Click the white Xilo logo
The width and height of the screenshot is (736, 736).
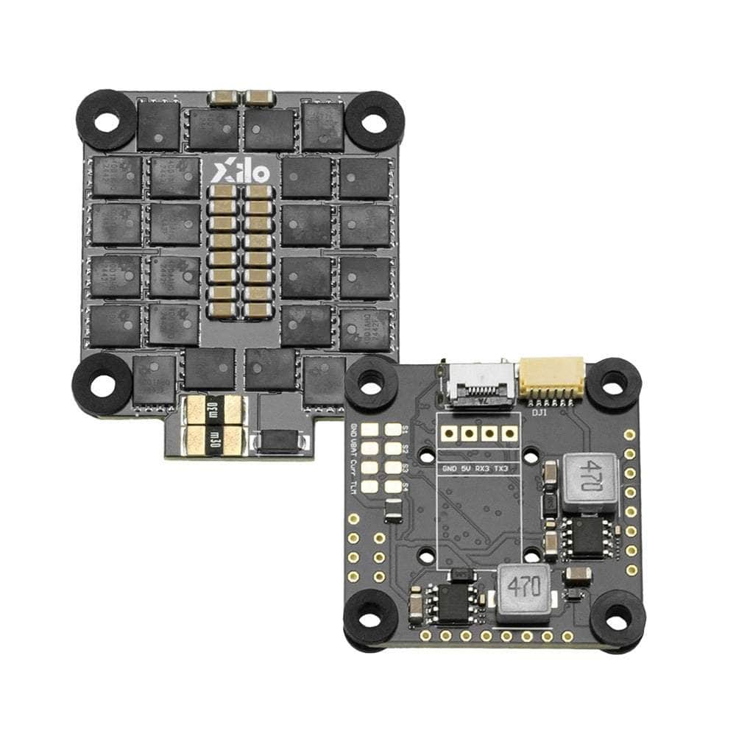241,173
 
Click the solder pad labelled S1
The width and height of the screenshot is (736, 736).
392,430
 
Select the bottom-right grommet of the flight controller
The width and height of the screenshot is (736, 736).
617,619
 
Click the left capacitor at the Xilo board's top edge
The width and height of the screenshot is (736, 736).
224,98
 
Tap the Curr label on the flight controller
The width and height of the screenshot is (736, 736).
353,459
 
